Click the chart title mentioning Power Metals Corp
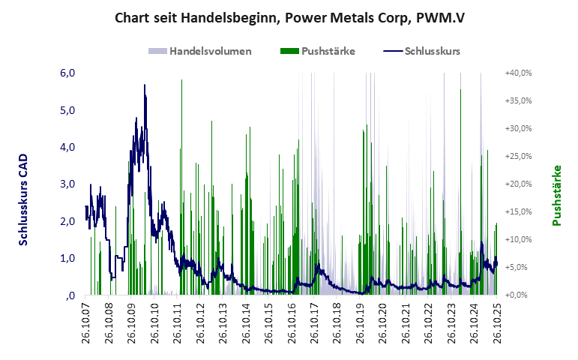[288, 17]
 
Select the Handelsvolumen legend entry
[200, 52]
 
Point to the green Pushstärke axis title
[556, 195]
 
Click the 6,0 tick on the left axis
[67, 73]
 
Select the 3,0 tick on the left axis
[67, 184]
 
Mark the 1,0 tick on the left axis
[67, 258]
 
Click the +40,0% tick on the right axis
[518, 73]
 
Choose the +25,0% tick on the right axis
[518, 157]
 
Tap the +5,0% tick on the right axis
[518, 267]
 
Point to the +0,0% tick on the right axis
[518, 295]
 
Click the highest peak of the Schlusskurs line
[144, 85]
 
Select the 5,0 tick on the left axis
[67, 110]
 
